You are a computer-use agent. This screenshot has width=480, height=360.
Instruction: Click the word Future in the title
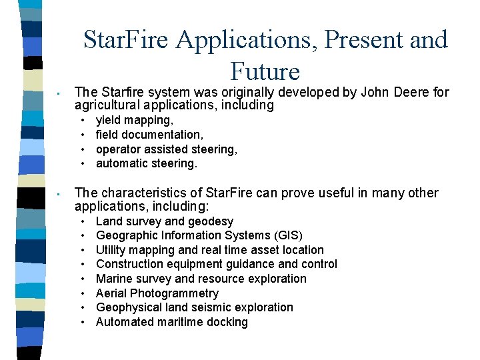click(x=265, y=71)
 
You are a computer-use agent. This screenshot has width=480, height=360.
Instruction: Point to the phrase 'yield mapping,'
click(x=135, y=121)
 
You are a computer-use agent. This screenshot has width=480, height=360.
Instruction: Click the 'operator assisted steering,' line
click(x=167, y=149)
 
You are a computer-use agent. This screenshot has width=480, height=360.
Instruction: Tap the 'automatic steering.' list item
click(x=147, y=163)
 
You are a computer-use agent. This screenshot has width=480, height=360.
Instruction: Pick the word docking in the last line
click(x=227, y=322)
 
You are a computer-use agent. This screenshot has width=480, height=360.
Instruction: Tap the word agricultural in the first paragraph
click(x=105, y=105)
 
